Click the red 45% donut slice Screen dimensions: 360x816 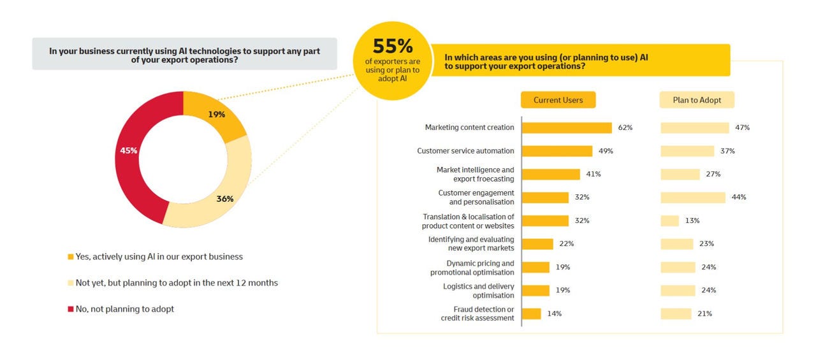tap(131, 151)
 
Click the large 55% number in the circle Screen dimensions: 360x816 tap(392, 47)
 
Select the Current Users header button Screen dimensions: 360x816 tap(558, 100)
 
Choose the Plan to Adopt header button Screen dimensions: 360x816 tap(697, 100)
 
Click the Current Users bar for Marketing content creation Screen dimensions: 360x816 tap(567, 127)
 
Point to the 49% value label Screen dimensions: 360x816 tap(606, 151)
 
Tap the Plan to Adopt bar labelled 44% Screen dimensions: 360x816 tap(693, 198)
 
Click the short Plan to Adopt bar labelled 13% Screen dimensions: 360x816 tap(670, 220)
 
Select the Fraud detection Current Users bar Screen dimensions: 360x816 tap(532, 313)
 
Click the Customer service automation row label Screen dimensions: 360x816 tap(465, 151)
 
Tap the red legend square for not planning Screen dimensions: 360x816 tap(70, 309)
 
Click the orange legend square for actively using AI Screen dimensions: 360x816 tap(70, 257)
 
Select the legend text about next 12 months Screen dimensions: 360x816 tap(177, 283)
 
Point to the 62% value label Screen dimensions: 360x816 tap(625, 127)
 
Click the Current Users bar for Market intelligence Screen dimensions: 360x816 tap(551, 174)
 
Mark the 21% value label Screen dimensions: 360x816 tap(704, 313)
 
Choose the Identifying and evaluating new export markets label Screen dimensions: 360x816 tap(471, 244)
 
